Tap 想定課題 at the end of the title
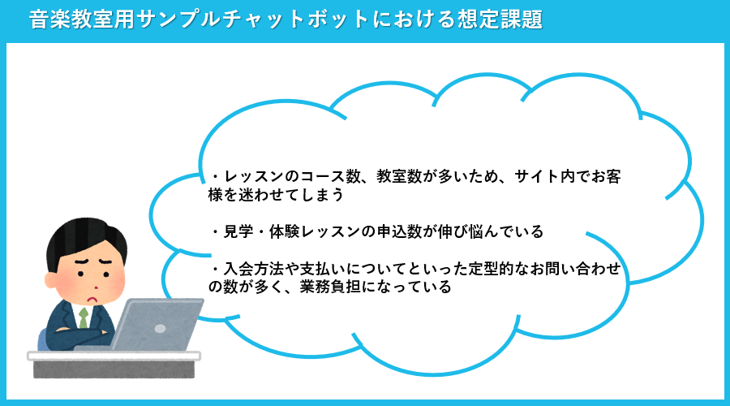pos(500,19)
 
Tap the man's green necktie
pos(84,318)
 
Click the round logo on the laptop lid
pos(160,329)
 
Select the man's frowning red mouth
pos(95,298)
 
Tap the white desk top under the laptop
pos(114,356)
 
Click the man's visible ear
pos(51,279)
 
